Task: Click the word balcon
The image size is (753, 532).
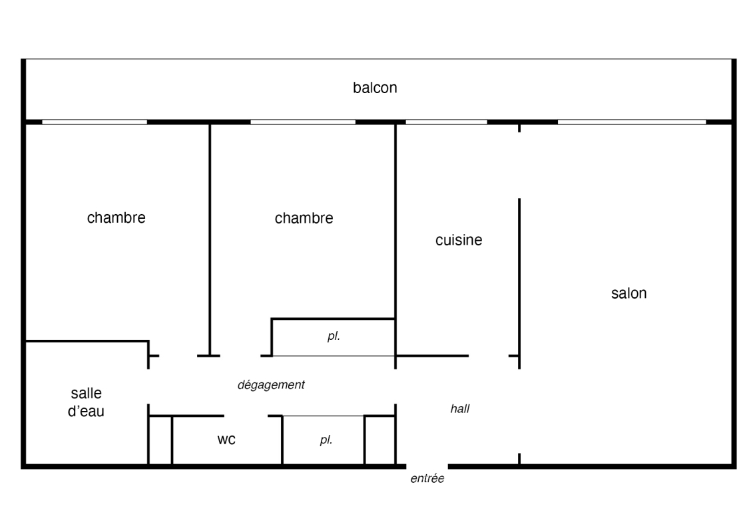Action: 375,87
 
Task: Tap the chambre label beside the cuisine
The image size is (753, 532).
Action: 304,218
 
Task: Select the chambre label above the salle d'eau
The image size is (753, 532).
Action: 116,217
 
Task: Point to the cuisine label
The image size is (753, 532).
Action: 459,239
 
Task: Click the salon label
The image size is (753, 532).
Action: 628,293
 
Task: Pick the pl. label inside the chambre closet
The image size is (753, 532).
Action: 334,336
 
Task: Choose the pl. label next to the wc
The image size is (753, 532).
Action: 326,440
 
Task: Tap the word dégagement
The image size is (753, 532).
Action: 271,385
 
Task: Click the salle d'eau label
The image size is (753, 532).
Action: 86,402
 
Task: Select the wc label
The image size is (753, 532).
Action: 226,440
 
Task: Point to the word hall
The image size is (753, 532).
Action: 459,408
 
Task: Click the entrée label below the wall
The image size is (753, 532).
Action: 427,478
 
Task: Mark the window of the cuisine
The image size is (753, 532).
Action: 447,122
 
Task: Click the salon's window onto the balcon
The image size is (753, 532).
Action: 632,122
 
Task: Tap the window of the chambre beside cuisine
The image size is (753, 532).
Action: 303,122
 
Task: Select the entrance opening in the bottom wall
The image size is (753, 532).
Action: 427,466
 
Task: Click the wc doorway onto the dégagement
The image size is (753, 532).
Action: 246,416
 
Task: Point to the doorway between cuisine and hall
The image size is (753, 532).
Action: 489,356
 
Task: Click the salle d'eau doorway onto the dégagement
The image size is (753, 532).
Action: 148,386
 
